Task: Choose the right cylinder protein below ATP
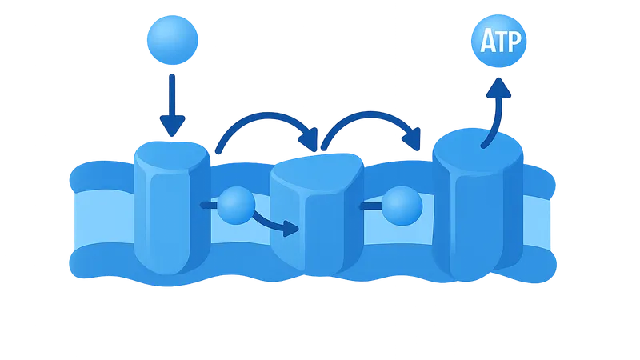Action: point(477,212)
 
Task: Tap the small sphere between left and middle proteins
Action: point(236,206)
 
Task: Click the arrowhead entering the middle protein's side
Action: point(289,230)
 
